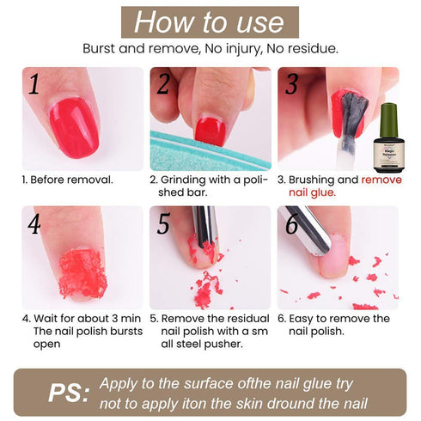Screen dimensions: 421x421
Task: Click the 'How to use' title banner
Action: pyautogui.click(x=210, y=22)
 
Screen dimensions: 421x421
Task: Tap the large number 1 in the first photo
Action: pyautogui.click(x=34, y=84)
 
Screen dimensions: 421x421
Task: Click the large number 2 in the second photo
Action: pyautogui.click(x=163, y=84)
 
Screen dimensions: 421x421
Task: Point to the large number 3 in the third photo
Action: pyautogui.click(x=291, y=84)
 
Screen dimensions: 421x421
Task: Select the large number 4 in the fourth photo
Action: pyautogui.click(x=34, y=223)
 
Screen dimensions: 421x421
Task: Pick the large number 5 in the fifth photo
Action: pyautogui.click(x=163, y=223)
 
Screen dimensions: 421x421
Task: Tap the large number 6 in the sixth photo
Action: pyautogui.click(x=292, y=223)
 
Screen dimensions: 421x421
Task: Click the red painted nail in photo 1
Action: pyautogui.click(x=74, y=127)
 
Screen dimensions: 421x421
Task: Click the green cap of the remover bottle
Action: pyautogui.click(x=388, y=119)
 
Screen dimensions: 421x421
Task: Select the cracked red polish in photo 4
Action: pyautogui.click(x=82, y=273)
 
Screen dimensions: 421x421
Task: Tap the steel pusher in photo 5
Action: pyautogui.click(x=205, y=226)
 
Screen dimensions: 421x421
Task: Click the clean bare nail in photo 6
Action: pyautogui.click(x=333, y=256)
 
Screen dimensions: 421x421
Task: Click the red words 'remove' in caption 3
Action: pyautogui.click(x=381, y=180)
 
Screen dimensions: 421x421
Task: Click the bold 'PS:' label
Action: pyautogui.click(x=69, y=393)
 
